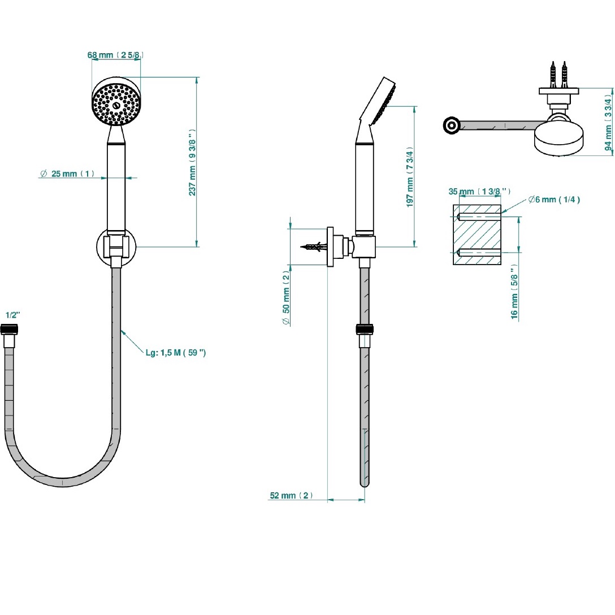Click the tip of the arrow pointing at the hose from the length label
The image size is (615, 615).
click(121, 330)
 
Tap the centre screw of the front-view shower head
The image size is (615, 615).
click(116, 106)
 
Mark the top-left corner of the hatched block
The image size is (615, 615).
click(453, 205)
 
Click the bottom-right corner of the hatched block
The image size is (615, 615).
click(501, 265)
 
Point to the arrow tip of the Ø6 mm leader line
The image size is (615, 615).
click(501, 213)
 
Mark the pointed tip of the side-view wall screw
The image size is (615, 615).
click(301, 247)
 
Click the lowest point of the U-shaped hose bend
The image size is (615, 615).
click(63, 487)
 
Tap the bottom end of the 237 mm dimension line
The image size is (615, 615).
click(197, 246)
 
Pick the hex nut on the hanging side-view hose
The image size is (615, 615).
click(365, 328)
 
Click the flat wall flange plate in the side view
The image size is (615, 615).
click(330, 246)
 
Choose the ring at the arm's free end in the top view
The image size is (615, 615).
click(452, 125)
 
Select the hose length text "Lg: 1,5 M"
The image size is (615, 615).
click(163, 353)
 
